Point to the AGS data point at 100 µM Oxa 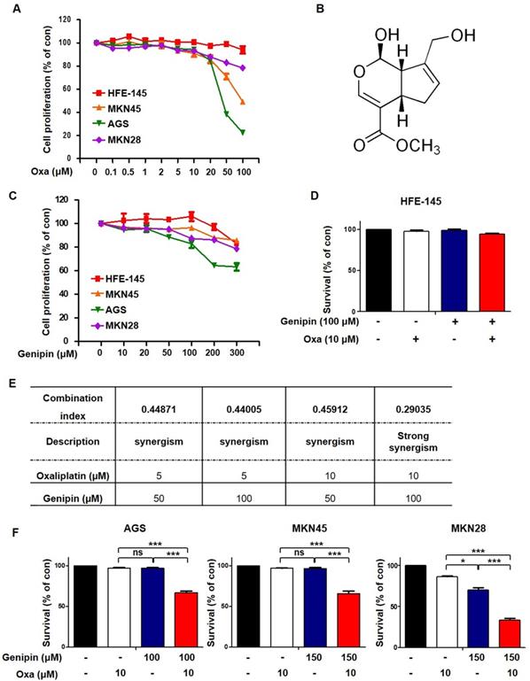click(242, 132)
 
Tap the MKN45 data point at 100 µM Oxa click(242, 103)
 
